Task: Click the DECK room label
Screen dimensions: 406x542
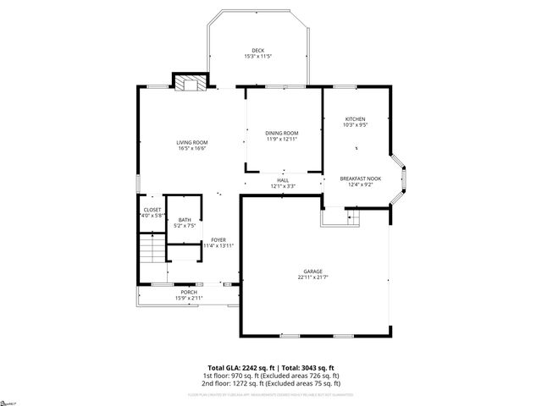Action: (x=258, y=51)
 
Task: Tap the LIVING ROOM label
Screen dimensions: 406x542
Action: (x=192, y=142)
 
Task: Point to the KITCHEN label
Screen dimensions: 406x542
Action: (x=355, y=118)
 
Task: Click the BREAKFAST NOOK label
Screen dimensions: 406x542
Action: (x=361, y=178)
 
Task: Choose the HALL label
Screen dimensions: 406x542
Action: (x=283, y=180)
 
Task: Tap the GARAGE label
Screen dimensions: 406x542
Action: (x=313, y=272)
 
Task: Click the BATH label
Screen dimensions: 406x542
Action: (x=184, y=220)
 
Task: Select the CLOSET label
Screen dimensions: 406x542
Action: (x=152, y=210)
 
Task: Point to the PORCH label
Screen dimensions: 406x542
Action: (x=189, y=292)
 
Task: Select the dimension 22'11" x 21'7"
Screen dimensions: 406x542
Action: (x=313, y=277)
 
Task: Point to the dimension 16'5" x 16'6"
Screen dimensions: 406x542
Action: (x=192, y=148)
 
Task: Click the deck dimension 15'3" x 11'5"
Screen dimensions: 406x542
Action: (x=258, y=57)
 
